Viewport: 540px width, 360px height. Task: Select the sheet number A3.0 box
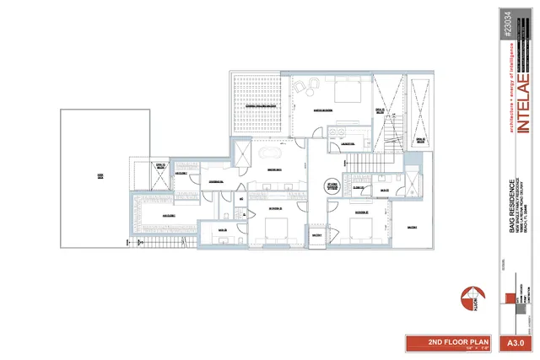tap(516, 343)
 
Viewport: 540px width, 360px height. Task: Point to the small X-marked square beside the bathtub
tap(242, 153)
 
